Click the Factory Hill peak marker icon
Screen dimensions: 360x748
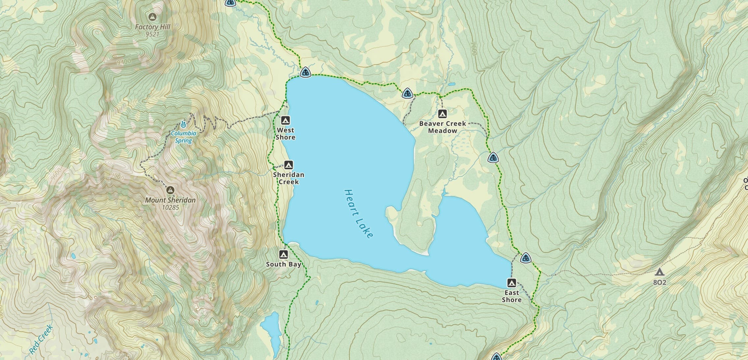pos(152,16)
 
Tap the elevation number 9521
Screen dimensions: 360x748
pos(152,34)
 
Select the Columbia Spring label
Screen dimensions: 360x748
pos(184,137)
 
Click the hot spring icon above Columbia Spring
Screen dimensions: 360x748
pos(184,125)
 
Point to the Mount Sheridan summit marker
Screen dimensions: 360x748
pos(170,190)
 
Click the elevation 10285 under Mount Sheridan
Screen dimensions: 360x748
pos(170,208)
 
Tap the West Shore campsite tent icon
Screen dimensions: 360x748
pos(285,120)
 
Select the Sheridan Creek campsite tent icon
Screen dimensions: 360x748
pos(289,165)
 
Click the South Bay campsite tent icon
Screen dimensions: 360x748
pos(283,255)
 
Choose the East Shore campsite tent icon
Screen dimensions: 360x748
pos(511,283)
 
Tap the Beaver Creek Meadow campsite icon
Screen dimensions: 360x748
pos(442,114)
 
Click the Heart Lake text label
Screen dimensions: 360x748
pos(359,213)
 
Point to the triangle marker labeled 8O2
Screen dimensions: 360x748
pos(659,272)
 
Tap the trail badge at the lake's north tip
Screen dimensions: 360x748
pos(305,72)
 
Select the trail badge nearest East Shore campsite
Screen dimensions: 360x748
pos(526,258)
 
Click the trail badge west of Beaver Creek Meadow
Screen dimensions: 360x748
pos(408,94)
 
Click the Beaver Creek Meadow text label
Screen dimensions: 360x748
pos(443,127)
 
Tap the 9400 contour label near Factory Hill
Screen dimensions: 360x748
pos(124,62)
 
